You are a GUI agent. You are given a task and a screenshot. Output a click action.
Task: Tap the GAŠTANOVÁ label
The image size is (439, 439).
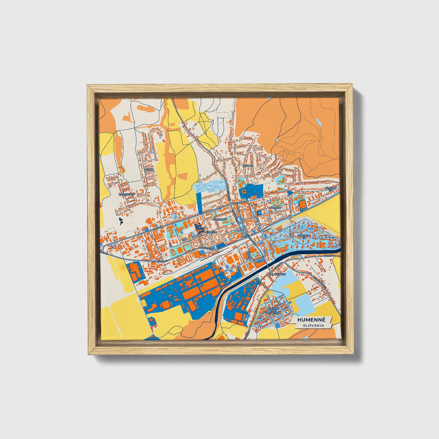127,194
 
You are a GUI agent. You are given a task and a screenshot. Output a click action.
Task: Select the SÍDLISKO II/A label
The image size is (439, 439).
329,189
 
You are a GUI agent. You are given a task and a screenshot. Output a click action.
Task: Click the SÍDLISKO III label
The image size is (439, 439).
304,236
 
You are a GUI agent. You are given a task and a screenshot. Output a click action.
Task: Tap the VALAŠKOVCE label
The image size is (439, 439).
277,274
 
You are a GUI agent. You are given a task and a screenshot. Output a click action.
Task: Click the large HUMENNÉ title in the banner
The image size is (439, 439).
311,320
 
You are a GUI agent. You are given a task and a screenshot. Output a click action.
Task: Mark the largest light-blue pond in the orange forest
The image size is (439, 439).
318,122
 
